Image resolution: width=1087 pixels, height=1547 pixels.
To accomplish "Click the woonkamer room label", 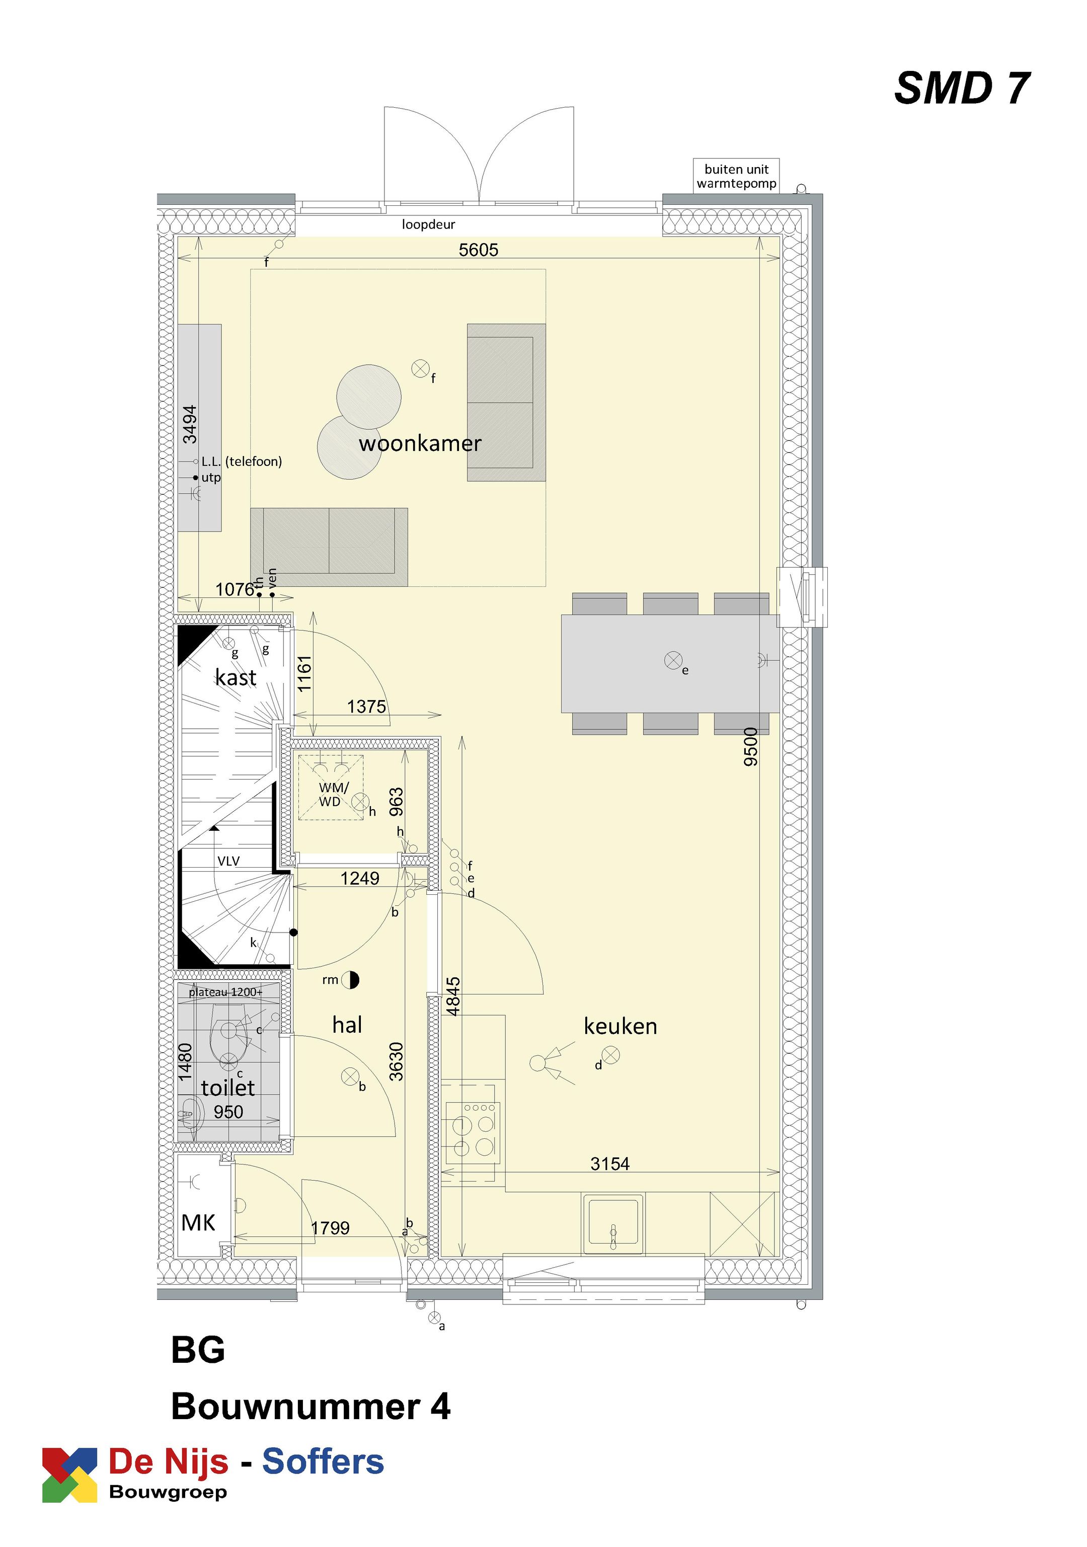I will [419, 443].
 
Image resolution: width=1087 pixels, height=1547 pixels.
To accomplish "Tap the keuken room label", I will [620, 1026].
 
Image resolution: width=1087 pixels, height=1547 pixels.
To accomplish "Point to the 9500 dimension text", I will [750, 746].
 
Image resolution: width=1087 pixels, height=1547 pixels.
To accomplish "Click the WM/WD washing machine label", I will [334, 795].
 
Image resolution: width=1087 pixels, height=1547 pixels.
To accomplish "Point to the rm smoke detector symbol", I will [350, 980].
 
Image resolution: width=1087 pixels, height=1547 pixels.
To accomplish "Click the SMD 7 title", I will [961, 88].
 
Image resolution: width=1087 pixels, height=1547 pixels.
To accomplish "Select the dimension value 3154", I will [609, 1164].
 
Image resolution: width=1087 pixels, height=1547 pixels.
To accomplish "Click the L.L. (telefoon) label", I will [241, 461].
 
